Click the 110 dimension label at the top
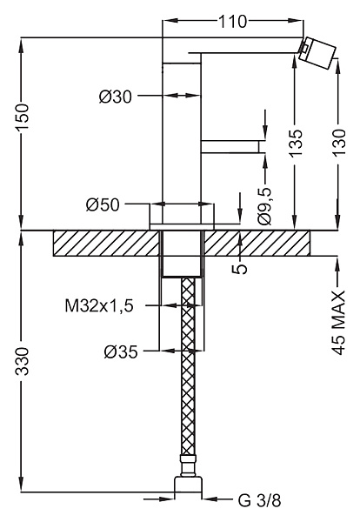coord(232,22)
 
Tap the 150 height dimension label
coord(23,117)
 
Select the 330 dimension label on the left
coord(23,361)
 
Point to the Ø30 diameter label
coord(116,97)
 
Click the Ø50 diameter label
coord(103,204)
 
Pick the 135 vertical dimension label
coord(296,142)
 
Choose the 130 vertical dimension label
coord(339,142)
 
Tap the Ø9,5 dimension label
coord(265,205)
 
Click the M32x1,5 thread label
coord(99,305)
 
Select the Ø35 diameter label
coord(121,351)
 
